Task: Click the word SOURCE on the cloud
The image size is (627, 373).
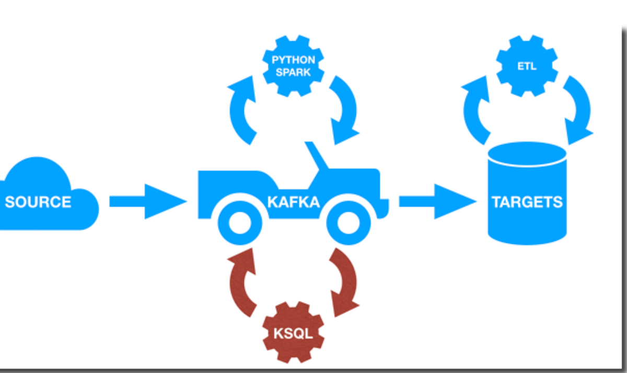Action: click(x=38, y=202)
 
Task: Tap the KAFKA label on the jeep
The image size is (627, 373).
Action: click(x=293, y=202)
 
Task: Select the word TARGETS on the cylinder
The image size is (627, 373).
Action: click(x=527, y=202)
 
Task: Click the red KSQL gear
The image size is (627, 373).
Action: click(x=293, y=333)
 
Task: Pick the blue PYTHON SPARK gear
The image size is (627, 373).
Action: click(x=293, y=66)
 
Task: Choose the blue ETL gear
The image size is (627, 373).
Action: click(x=527, y=66)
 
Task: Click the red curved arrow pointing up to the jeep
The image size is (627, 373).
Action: click(x=241, y=277)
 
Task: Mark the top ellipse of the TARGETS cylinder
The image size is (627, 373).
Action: click(x=527, y=154)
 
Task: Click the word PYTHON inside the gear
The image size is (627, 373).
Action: click(x=293, y=60)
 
